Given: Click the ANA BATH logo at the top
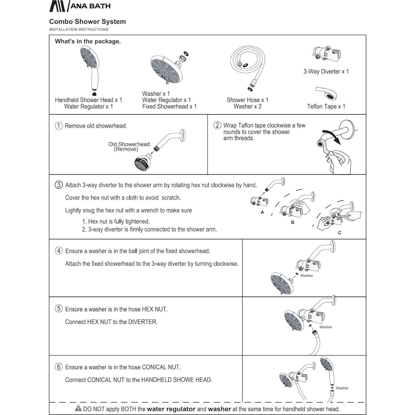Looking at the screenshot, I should coord(80,6).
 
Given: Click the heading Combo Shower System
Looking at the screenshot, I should coord(87,22).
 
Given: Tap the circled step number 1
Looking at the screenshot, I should coord(58,126).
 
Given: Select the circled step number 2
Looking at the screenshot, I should coord(217,125).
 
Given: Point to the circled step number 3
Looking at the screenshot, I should coord(58,185).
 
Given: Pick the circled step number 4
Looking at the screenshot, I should coord(58,251).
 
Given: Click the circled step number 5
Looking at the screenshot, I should coord(58,309).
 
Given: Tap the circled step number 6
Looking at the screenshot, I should coord(58,367).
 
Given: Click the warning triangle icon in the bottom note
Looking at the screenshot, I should coord(78,408).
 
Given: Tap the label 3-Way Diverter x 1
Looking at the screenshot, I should coord(326,72).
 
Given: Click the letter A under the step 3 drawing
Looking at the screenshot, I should coord(262,212).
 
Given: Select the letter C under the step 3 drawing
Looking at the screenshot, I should coord(340,233).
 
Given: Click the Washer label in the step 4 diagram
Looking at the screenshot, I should coord(306,276).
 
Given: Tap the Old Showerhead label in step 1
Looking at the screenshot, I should coord(129,144).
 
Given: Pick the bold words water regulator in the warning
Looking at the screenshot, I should coord(171,409).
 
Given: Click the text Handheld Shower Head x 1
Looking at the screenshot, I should coord(88,100).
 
